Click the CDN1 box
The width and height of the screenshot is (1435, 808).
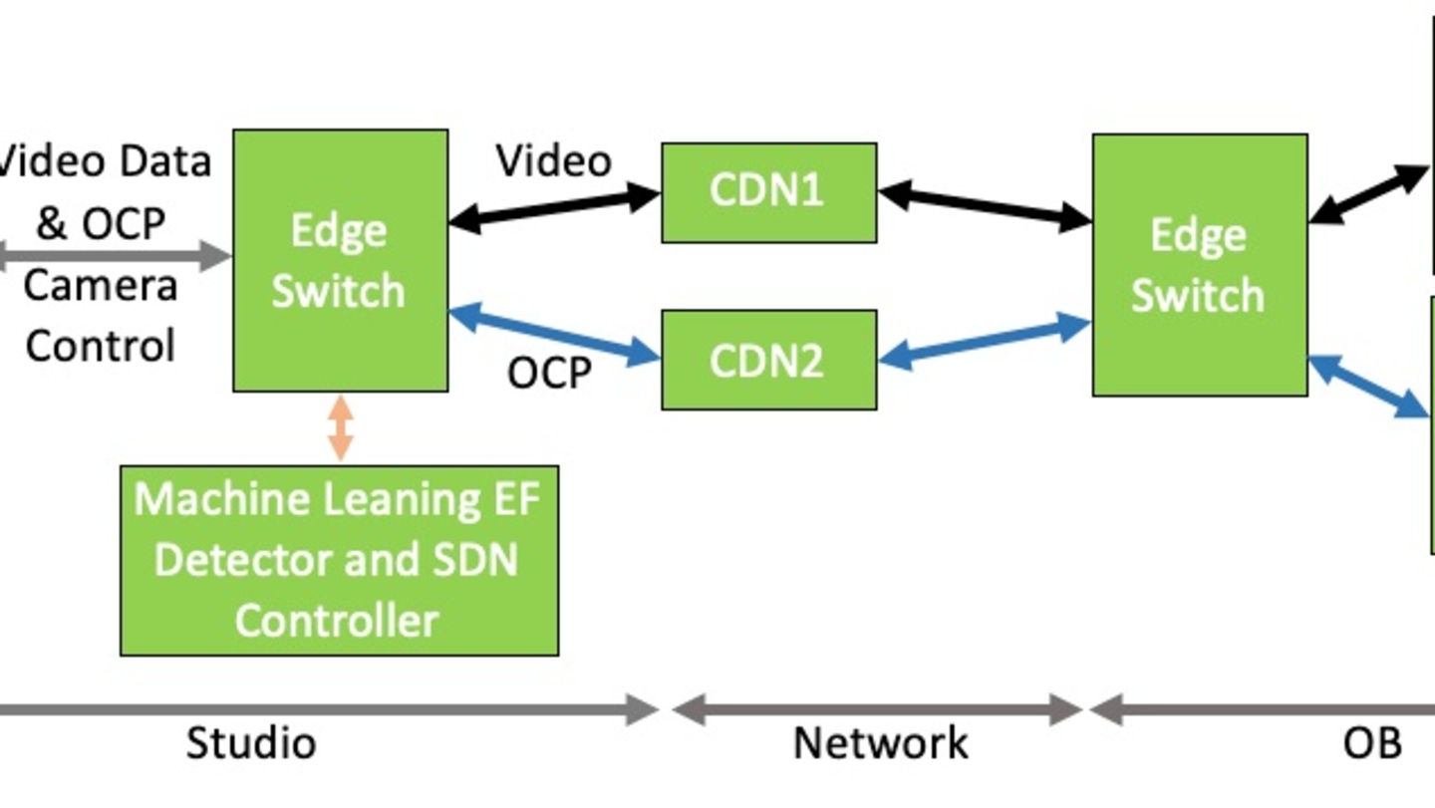point(768,192)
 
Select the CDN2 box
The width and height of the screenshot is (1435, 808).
point(768,360)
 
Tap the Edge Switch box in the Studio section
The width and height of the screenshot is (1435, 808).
point(340,260)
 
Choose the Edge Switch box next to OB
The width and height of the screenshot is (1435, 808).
point(1199,265)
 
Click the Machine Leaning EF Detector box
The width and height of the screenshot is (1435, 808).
point(339,560)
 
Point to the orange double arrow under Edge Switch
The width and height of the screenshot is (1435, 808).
point(341,428)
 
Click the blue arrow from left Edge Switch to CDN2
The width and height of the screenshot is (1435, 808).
point(554,336)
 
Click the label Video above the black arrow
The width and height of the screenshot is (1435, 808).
point(554,161)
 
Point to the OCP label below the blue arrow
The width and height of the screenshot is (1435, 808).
point(549,374)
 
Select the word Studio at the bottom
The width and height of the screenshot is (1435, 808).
point(251,743)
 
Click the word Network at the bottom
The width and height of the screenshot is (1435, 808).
point(880,743)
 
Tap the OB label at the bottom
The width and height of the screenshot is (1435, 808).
point(1372,743)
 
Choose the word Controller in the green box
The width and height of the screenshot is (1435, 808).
point(337,621)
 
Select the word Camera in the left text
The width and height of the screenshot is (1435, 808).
point(100,286)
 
